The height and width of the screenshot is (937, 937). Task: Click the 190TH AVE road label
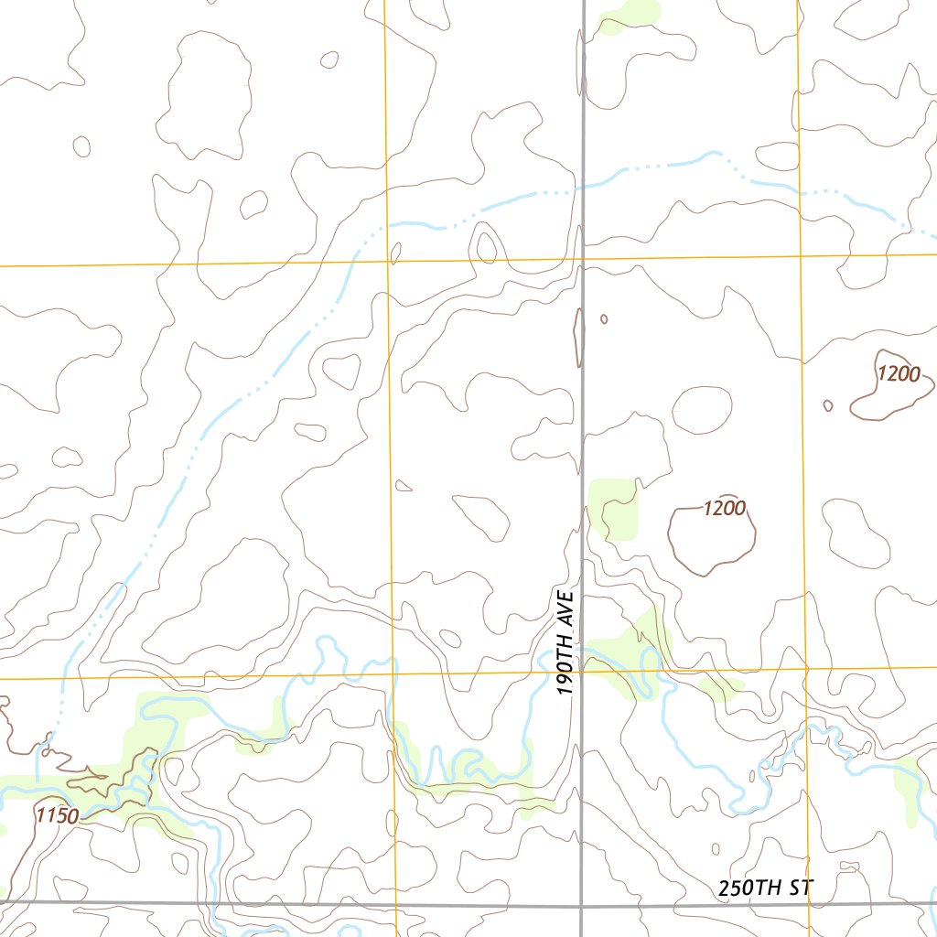click(566, 642)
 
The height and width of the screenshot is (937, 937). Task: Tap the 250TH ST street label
click(765, 888)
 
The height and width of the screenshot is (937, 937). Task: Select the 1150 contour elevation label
click(57, 816)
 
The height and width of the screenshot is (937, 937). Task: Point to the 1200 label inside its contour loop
click(899, 373)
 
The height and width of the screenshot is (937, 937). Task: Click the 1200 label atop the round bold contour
click(725, 508)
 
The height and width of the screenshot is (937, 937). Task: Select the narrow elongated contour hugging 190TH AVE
click(578, 338)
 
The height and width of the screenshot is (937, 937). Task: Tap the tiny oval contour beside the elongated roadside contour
click(604, 318)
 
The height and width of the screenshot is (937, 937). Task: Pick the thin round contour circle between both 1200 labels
click(702, 410)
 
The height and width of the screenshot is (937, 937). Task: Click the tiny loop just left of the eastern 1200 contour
click(828, 405)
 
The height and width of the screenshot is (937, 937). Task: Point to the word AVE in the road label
click(566, 609)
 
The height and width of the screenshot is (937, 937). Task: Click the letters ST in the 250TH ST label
click(799, 888)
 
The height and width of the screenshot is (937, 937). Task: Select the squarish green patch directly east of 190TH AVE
click(612, 508)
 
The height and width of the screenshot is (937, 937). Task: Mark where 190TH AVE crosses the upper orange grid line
click(583, 258)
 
